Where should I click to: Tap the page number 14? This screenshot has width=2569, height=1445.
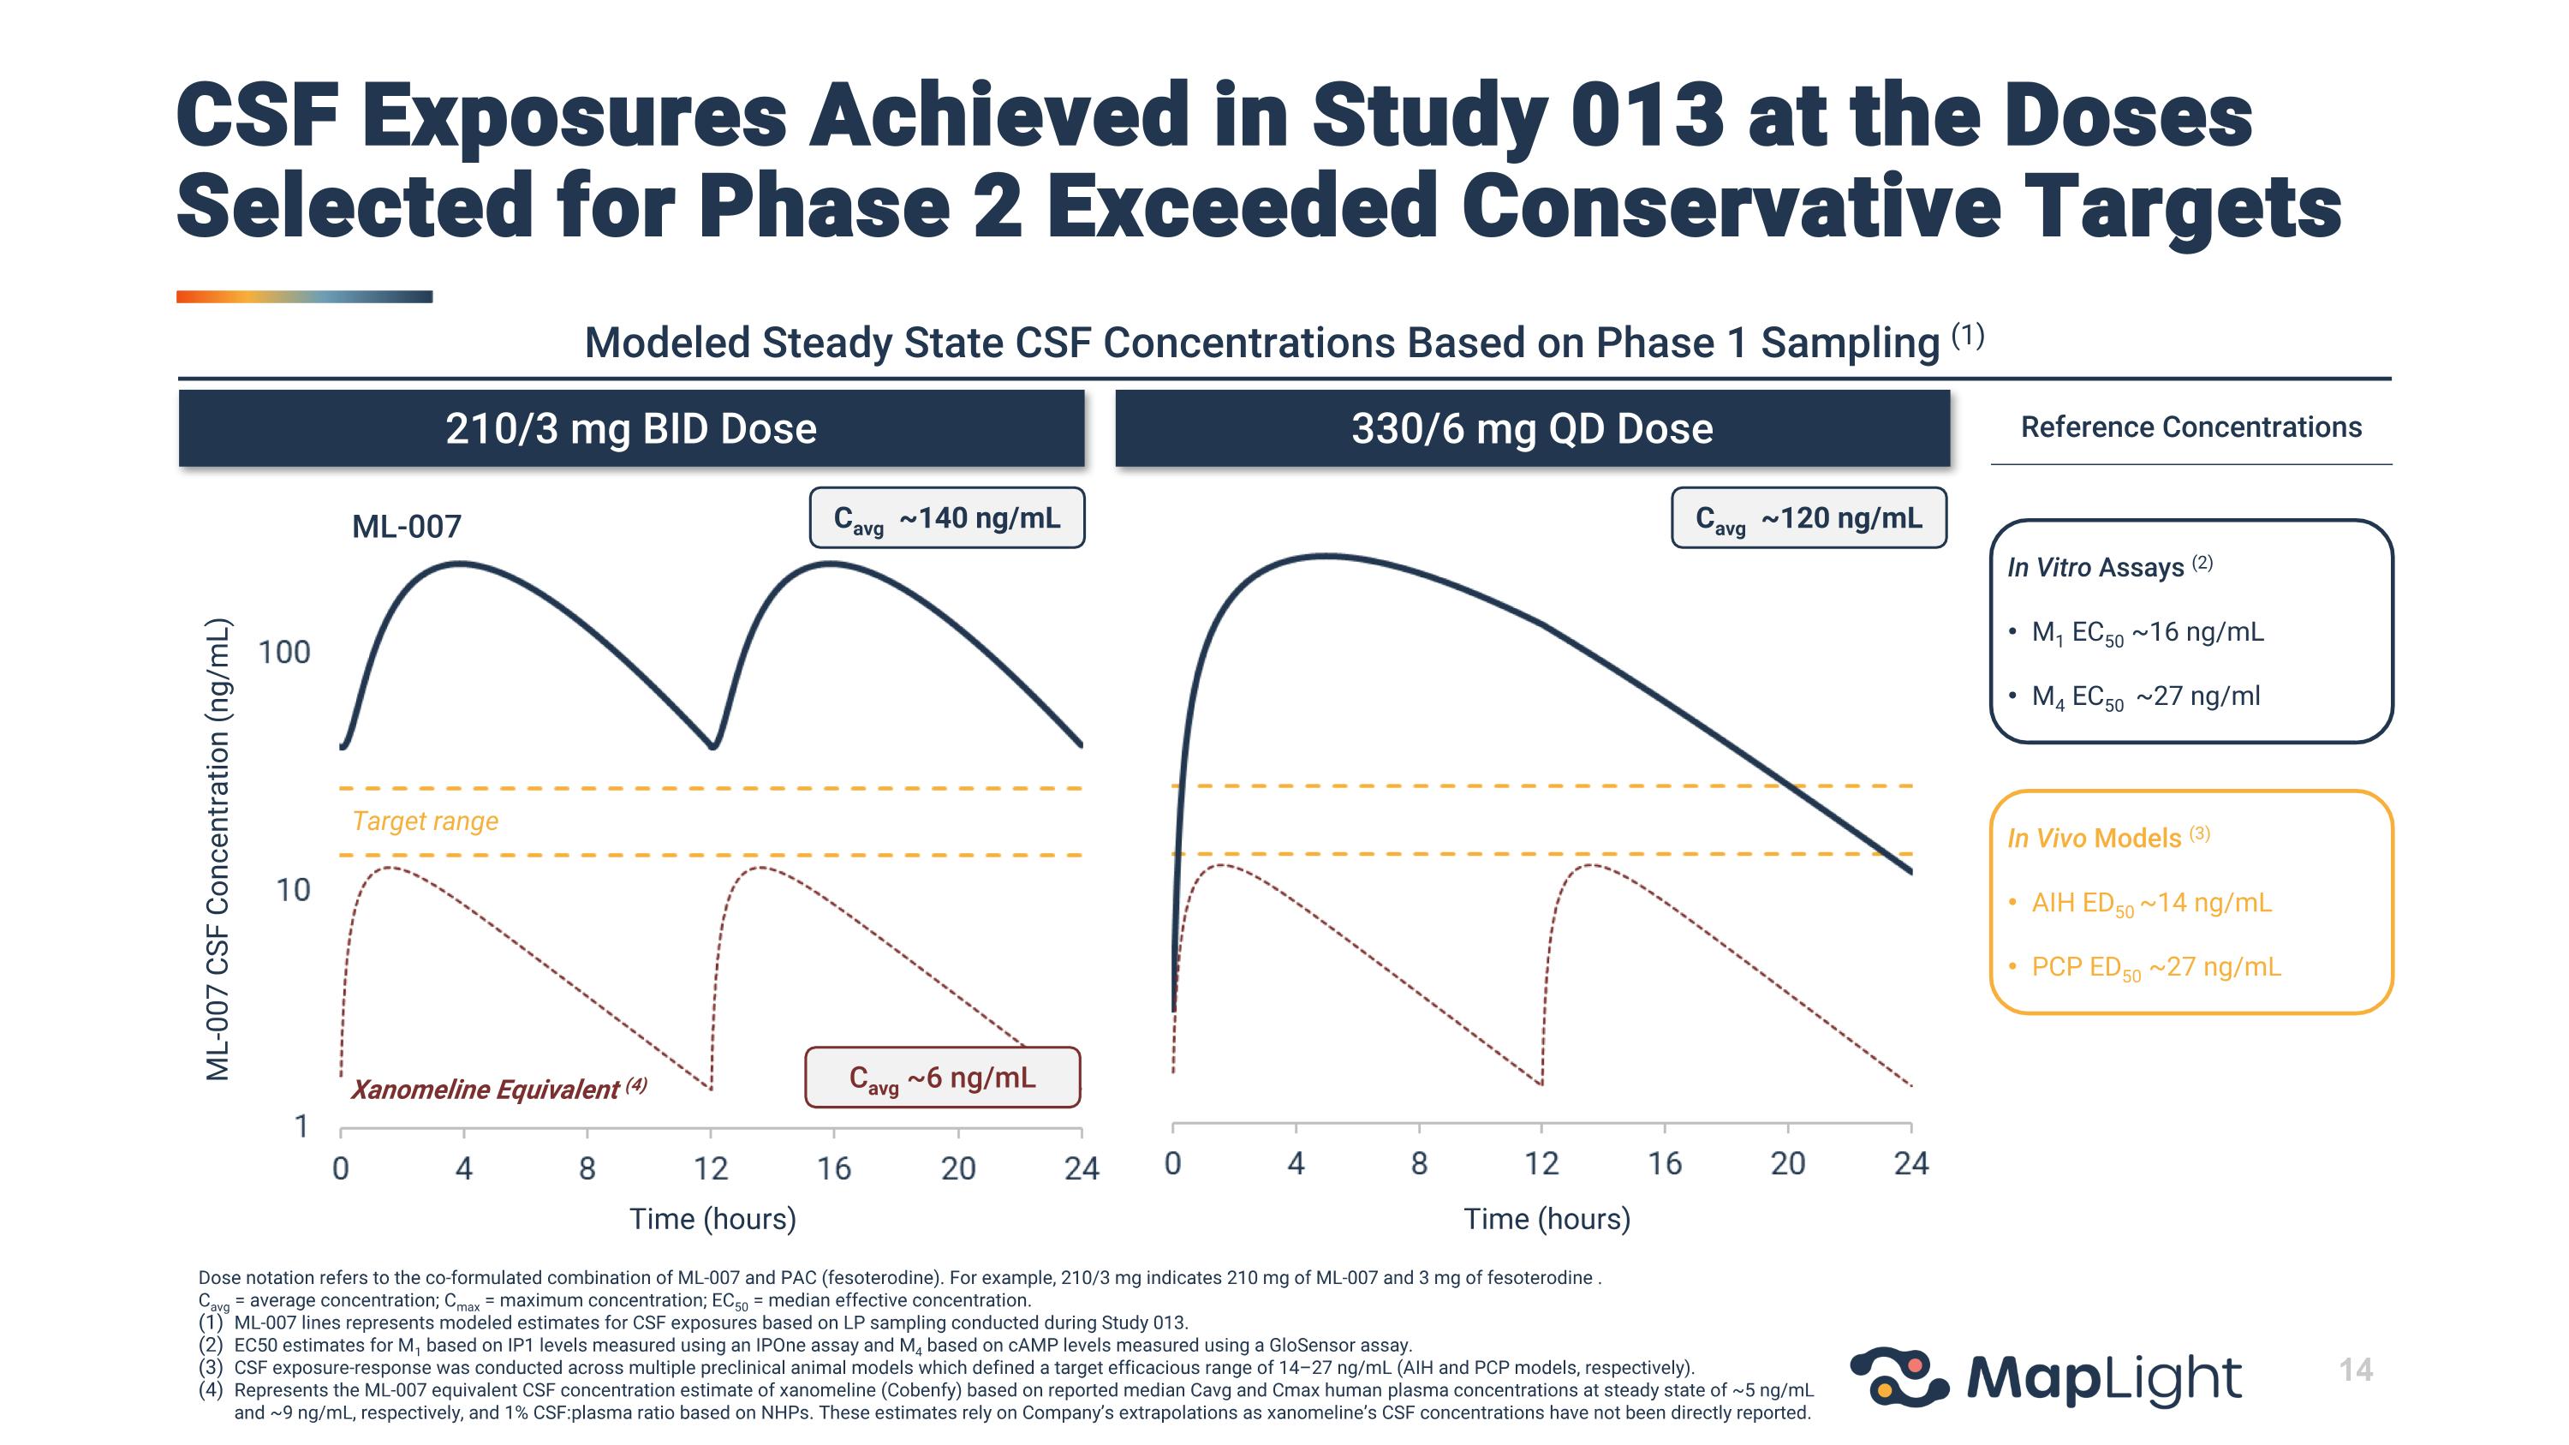click(x=2356, y=1370)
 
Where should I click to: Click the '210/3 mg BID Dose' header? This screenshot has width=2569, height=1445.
click(x=631, y=429)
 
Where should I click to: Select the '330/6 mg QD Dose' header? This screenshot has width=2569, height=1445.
click(x=1532, y=429)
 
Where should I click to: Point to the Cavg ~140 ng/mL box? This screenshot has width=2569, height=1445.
click(x=946, y=518)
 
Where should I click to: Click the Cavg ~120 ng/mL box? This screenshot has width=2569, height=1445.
click(x=1808, y=518)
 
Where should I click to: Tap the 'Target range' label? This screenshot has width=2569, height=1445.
click(x=425, y=821)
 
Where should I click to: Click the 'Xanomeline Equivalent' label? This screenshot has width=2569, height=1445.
click(x=486, y=1089)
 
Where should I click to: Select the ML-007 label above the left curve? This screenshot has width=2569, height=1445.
click(x=407, y=527)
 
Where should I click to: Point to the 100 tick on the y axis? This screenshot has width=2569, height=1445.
click(x=284, y=652)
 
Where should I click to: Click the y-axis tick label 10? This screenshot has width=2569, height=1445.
click(x=293, y=890)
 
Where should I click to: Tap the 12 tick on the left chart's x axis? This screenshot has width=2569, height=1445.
click(x=711, y=1167)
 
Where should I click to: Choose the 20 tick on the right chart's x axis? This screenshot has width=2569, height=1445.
click(x=1787, y=1163)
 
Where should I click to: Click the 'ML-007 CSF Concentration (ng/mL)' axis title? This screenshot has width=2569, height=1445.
click(x=218, y=850)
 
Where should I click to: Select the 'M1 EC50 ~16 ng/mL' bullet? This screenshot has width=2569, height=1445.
click(x=2147, y=633)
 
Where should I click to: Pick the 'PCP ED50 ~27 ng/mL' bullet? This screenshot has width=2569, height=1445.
click(x=2155, y=967)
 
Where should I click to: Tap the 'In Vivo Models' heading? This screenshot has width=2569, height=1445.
click(x=2095, y=839)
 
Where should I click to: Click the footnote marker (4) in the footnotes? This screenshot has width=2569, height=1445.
click(x=211, y=1390)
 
